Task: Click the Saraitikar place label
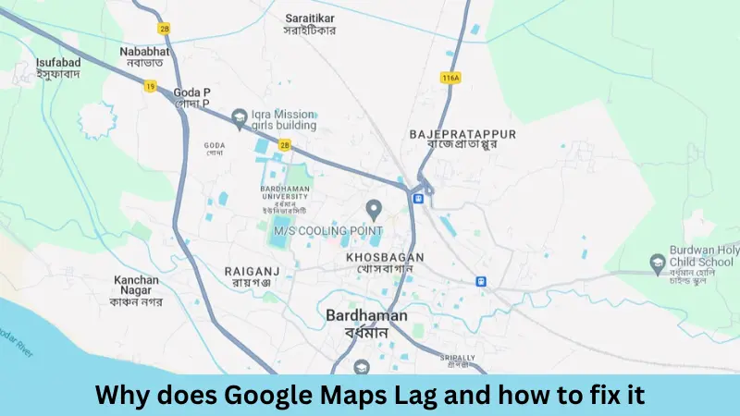(310, 23)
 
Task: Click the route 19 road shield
(150, 86)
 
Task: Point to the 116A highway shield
(450, 78)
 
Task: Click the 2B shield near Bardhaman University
(285, 145)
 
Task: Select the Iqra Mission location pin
(239, 116)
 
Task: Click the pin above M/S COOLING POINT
(375, 208)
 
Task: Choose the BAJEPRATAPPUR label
(462, 139)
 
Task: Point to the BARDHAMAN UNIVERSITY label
(290, 199)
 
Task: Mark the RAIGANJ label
(246, 275)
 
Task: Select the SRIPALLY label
(458, 358)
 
